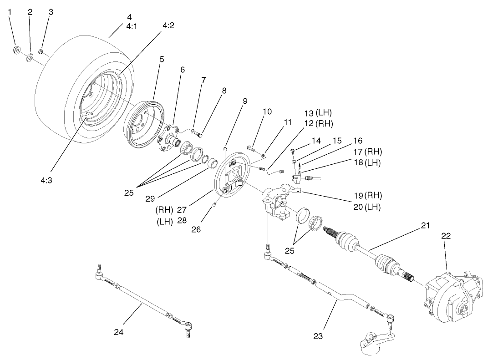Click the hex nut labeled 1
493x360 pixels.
tap(15, 50)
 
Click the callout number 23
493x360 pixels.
tap(318, 336)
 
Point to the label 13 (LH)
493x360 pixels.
tap(318, 113)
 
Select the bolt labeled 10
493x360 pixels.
tap(251, 148)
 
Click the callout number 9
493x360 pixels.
tap(244, 101)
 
